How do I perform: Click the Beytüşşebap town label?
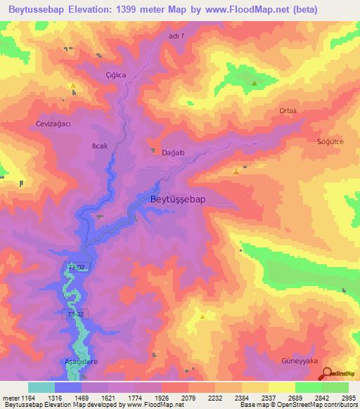point(179,200)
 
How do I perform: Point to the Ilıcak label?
point(100,146)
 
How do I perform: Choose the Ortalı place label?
point(288,111)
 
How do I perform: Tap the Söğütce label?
point(330,141)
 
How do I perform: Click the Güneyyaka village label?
point(300,361)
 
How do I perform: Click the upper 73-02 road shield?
point(76,268)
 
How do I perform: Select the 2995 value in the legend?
point(348,398)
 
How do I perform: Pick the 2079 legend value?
point(188,398)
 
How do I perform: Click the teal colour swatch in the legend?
point(41,387)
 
